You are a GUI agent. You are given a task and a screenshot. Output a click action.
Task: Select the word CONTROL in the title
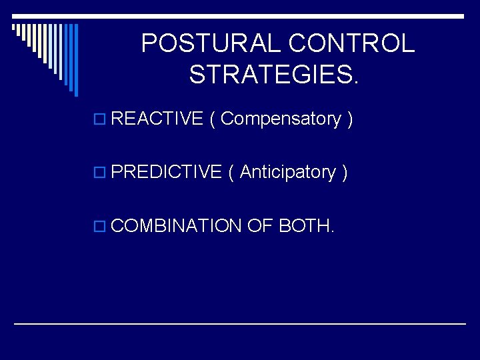point(352,44)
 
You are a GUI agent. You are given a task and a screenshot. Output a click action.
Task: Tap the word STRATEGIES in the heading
point(273,75)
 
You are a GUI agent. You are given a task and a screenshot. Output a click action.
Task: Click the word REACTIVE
point(157,119)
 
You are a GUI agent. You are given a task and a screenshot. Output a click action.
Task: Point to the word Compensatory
point(280,119)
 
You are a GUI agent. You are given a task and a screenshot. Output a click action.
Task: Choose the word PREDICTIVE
point(166,172)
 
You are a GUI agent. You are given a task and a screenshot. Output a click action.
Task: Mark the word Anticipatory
point(287,172)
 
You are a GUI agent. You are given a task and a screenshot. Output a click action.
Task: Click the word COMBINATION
point(176,226)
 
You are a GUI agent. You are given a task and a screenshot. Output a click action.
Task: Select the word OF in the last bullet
point(260,226)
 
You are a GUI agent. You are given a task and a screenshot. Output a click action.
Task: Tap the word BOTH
point(306,226)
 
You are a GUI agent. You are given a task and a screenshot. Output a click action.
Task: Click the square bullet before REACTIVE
point(101,120)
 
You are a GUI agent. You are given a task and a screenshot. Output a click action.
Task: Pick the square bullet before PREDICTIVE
point(101,173)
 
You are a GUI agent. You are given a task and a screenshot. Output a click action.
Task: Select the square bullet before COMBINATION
point(101,227)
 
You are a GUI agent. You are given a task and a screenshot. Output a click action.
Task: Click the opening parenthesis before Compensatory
point(212,119)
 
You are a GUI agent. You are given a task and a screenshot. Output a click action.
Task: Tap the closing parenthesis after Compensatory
point(349,119)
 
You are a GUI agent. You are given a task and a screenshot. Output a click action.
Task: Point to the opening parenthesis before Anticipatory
point(231,172)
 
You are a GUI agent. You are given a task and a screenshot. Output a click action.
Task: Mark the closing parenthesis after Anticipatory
point(344,172)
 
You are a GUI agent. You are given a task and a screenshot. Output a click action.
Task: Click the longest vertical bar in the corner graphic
point(75,60)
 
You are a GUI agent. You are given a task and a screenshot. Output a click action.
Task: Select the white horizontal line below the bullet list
point(240,323)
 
